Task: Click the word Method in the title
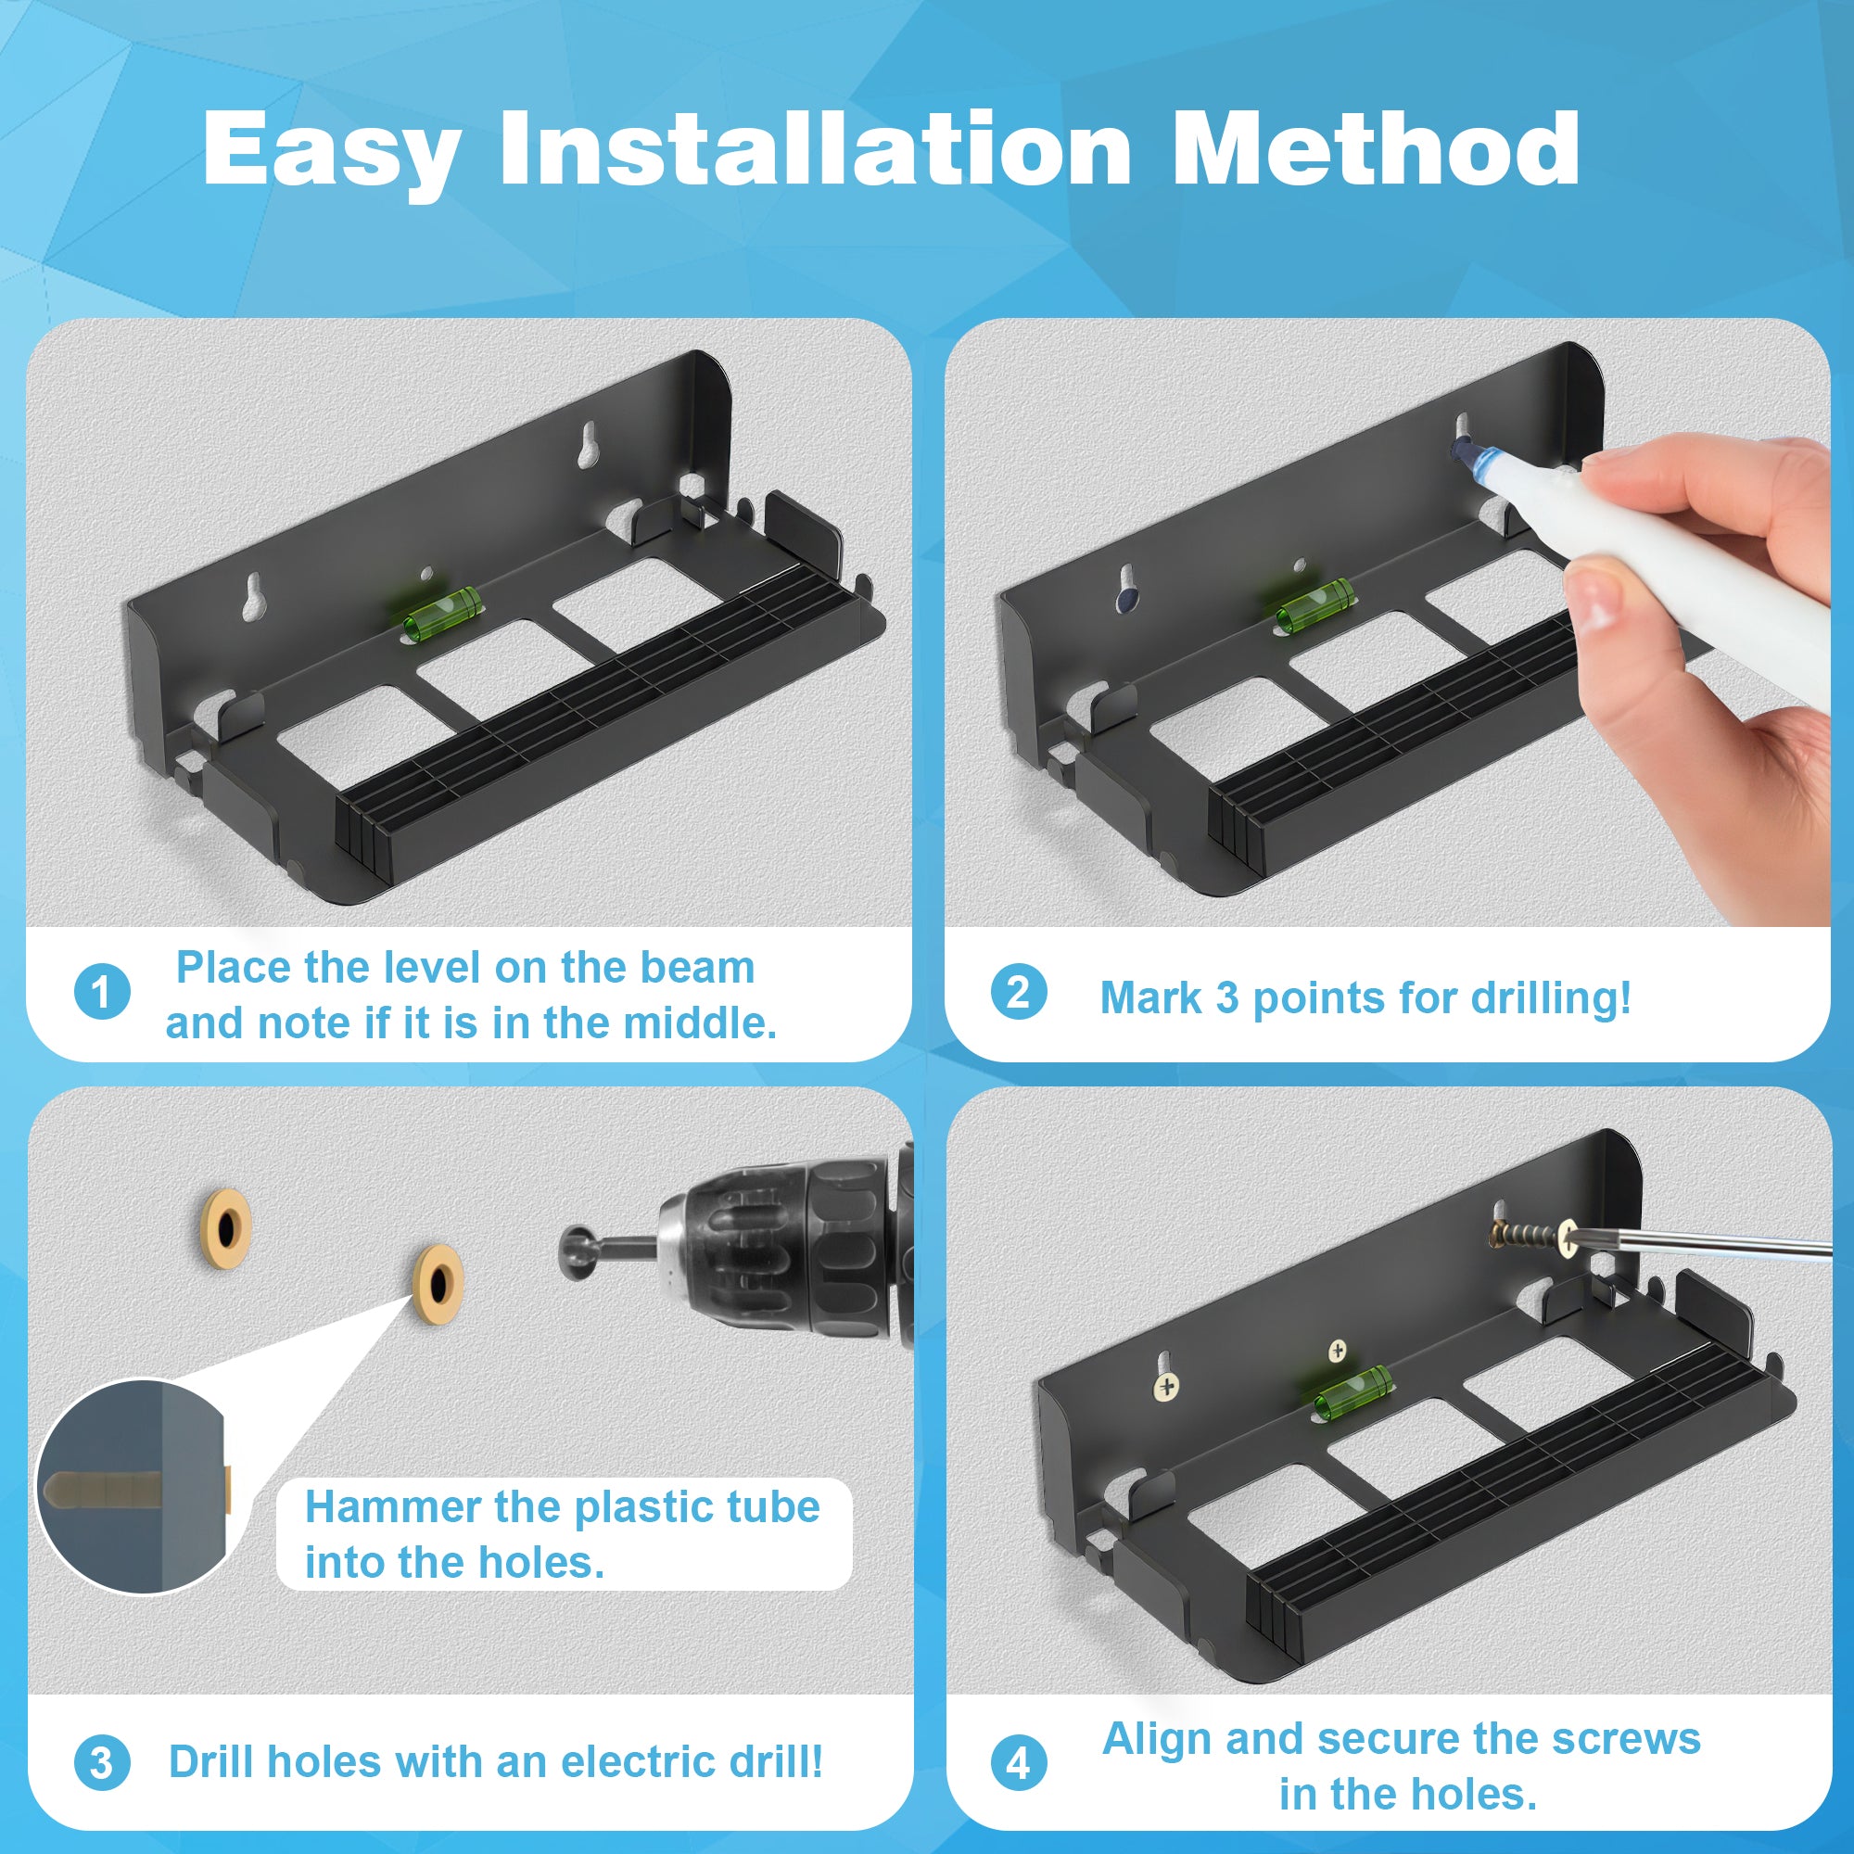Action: click(1376, 147)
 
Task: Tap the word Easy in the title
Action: click(332, 154)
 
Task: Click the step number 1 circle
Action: click(102, 991)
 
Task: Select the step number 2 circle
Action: click(1018, 991)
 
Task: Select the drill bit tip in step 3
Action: click(577, 1251)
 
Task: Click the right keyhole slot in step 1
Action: click(587, 440)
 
